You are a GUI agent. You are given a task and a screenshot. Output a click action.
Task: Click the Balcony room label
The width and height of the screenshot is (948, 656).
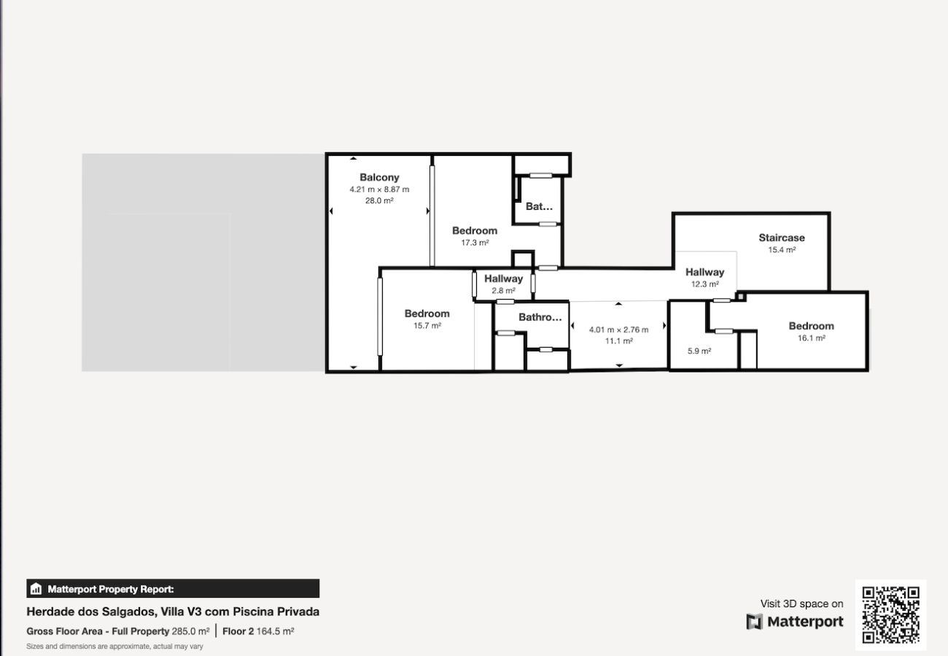pos(379,177)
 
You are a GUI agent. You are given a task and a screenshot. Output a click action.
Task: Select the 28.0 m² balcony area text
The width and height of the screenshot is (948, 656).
pos(379,200)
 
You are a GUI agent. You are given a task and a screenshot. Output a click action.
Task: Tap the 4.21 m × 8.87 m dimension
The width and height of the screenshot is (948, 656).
pos(379,189)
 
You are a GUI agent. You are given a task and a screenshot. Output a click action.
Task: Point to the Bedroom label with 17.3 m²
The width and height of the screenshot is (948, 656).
pos(475,230)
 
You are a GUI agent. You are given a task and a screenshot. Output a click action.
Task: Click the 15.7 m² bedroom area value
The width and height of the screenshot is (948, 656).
pos(427,325)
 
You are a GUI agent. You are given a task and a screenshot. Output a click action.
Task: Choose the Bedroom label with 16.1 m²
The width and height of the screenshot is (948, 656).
pos(811,326)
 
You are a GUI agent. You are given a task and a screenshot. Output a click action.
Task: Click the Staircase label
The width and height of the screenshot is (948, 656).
pos(781,238)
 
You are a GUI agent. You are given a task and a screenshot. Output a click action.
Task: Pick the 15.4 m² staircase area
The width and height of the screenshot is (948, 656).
pos(782,249)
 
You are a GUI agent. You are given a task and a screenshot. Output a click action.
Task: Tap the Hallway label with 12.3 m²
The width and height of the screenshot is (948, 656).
pos(704,272)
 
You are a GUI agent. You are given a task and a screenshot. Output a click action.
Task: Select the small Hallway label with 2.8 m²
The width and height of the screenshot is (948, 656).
pos(503,278)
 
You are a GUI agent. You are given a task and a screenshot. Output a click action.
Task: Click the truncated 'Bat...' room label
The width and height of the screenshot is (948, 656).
pos(539,206)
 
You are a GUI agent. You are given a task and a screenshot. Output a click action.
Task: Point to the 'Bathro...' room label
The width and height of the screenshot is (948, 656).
pos(540,317)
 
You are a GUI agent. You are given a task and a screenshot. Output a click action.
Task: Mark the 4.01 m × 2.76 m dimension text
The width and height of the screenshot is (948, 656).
pos(618,329)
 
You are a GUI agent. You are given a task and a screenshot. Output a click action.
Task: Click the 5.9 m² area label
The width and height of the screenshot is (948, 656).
pos(699,351)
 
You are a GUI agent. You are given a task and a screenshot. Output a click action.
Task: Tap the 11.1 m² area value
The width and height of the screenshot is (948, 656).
pos(618,341)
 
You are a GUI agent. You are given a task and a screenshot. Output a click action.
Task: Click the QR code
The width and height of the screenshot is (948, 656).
pos(890,615)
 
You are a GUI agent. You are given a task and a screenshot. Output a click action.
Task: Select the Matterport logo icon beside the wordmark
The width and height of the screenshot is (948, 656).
pos(754,622)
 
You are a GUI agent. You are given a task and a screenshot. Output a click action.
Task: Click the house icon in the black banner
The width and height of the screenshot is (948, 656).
pos(36,588)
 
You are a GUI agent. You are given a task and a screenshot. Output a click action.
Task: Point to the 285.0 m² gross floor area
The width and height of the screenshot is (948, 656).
pos(190,631)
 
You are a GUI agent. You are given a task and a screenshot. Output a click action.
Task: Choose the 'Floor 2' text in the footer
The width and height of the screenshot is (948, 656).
pos(238,631)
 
